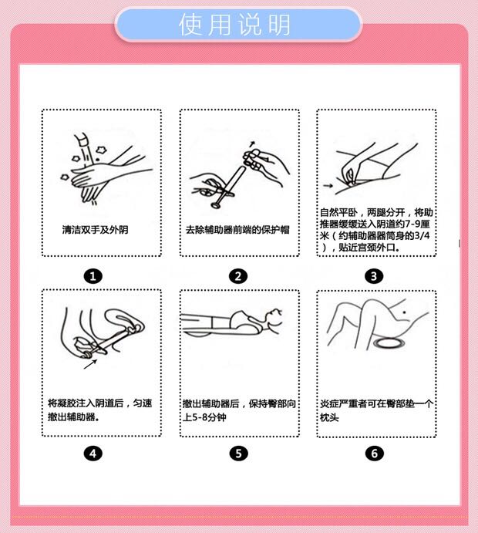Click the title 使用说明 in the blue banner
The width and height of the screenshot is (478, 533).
click(234, 25)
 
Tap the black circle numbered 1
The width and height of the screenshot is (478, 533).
click(93, 276)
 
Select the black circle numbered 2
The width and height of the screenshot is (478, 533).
click(237, 276)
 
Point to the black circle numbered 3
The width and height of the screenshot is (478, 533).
click(374, 276)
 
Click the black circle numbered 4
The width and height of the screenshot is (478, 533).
click(93, 454)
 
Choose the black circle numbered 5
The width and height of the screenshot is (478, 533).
click(238, 454)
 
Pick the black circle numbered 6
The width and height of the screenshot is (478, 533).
click(374, 454)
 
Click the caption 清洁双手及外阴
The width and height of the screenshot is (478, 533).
click(95, 230)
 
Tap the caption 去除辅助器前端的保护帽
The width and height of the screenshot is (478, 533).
click(237, 230)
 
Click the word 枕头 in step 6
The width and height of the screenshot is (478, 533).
click(329, 417)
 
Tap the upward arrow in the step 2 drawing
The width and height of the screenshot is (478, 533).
click(252, 143)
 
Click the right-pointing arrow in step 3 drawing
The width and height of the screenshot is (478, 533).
click(328, 186)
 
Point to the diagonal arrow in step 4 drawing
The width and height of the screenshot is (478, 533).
click(90, 364)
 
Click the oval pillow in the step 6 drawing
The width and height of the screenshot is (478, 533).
click(389, 343)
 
